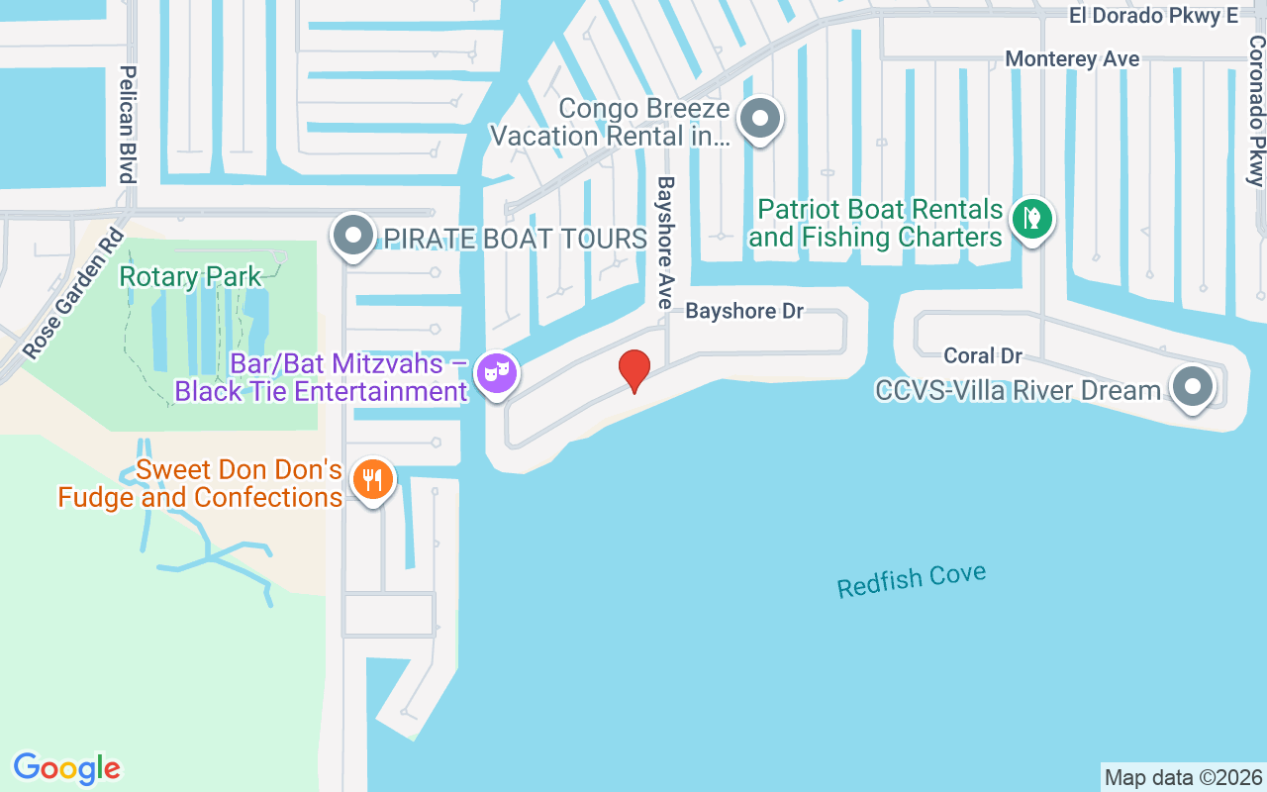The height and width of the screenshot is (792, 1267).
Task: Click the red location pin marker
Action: (633, 370)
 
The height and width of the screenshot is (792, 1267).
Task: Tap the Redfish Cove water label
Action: (911, 581)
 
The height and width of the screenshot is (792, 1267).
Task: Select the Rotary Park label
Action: (190, 276)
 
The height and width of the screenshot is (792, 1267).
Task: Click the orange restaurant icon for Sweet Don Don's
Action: (373, 480)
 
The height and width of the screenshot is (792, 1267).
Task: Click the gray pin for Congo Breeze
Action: (760, 119)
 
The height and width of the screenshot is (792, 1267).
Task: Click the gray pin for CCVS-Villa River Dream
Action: (1192, 386)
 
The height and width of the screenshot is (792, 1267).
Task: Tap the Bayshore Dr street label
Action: (744, 311)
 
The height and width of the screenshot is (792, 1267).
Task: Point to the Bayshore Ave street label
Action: (665, 243)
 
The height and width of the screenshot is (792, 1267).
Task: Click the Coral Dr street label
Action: (982, 355)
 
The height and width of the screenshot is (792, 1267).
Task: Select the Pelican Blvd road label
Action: (127, 124)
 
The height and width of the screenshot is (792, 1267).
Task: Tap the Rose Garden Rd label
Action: (72, 293)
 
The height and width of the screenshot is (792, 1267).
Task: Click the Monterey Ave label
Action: (1072, 59)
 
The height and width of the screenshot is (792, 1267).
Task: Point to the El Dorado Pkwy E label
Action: (1153, 16)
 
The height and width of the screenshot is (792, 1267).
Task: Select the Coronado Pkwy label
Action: (1255, 111)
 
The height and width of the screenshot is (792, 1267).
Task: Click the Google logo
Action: (66, 768)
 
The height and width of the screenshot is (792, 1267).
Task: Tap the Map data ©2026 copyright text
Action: (1183, 777)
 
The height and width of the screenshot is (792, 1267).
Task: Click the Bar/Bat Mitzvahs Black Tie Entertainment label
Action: (322, 377)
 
